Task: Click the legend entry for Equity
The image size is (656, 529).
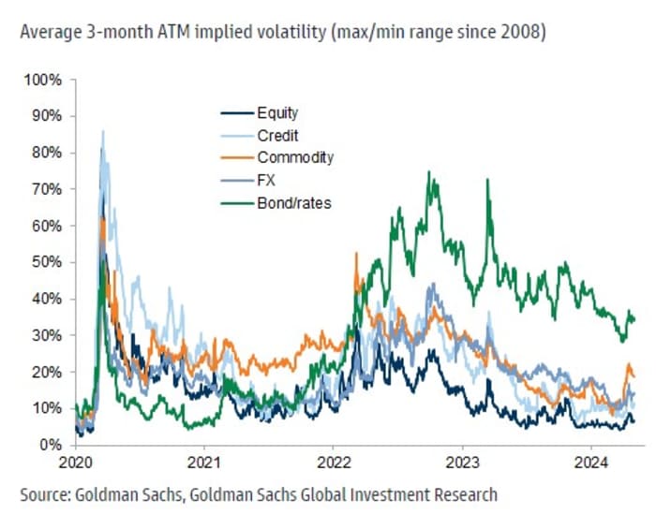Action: point(277,114)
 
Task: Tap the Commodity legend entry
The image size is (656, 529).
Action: point(294,157)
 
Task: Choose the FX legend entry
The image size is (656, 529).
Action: point(267,179)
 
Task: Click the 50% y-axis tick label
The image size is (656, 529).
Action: point(47,262)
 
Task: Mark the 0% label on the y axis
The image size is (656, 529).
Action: point(51,445)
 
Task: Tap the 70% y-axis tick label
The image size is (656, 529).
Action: point(47,189)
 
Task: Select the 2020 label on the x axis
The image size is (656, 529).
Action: point(75,462)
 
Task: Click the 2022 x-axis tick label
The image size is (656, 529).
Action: point(334,462)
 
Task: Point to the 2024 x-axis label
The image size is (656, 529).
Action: point(592,462)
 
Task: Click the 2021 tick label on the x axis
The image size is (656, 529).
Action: point(204,462)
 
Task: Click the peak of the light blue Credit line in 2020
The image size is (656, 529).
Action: point(102,132)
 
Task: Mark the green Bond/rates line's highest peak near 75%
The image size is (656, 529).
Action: point(427,172)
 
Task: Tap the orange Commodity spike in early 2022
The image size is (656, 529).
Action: point(356,254)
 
